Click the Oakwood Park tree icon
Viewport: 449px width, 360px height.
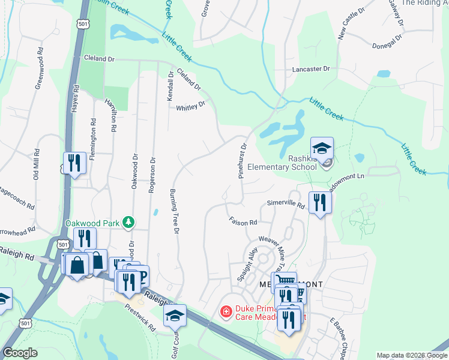point(128,223)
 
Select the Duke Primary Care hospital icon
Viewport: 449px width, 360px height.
point(226,311)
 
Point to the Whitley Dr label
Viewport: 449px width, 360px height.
point(190,106)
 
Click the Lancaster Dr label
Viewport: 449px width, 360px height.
point(311,69)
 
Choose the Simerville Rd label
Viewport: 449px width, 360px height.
point(286,205)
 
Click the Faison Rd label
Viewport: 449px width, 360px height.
point(243,221)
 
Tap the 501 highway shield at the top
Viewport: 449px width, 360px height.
point(82,23)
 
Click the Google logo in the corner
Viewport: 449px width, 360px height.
point(20,353)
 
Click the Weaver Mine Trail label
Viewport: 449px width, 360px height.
point(271,251)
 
